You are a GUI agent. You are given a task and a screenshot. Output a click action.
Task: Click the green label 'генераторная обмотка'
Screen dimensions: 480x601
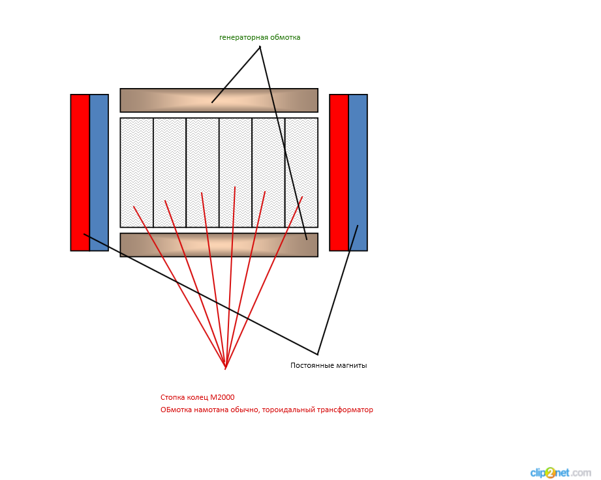click(260, 37)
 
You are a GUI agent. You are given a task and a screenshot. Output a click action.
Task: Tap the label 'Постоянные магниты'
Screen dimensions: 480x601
click(328, 365)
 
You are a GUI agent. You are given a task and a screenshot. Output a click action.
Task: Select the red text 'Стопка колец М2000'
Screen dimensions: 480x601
click(197, 397)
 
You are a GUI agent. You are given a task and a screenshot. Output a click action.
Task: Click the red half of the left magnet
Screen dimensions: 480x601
click(80, 172)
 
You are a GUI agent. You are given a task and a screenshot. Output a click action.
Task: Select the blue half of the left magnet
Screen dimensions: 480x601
click(99, 172)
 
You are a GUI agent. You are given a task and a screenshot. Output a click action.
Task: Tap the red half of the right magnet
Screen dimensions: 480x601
click(339, 172)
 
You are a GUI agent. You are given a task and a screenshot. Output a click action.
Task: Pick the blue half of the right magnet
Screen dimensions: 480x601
click(358, 172)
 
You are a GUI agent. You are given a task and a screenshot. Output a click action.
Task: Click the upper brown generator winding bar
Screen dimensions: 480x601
click(219, 100)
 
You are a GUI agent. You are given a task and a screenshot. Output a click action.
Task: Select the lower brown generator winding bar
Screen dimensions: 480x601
click(219, 245)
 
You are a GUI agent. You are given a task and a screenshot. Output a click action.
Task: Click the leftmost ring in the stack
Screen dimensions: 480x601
click(136, 163)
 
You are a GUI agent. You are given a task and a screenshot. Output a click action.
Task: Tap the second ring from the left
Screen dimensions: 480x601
click(170, 163)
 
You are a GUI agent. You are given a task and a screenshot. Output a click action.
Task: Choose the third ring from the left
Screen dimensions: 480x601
click(202, 163)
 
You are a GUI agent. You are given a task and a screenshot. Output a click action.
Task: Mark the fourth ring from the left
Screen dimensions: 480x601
click(236, 163)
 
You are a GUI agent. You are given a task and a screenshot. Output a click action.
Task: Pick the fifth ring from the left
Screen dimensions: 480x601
click(268, 163)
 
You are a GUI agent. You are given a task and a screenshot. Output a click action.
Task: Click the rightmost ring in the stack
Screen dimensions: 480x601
click(301, 163)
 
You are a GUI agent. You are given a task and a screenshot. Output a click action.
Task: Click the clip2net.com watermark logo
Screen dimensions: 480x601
click(560, 472)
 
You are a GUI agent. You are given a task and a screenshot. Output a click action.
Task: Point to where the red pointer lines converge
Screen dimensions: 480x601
click(225, 368)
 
